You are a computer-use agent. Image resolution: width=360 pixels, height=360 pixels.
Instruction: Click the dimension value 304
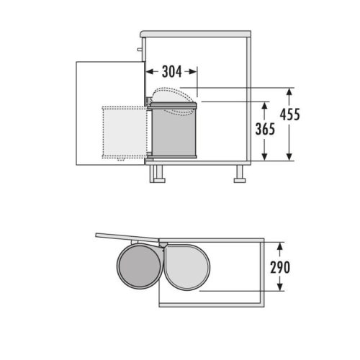pyautogui.click(x=171, y=71)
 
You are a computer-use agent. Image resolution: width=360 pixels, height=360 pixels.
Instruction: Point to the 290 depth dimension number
pyautogui.click(x=280, y=267)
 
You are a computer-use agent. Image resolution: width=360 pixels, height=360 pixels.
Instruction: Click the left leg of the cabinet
pyautogui.click(x=155, y=173)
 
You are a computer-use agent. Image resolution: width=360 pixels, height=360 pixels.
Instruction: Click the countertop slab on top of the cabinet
pyautogui.click(x=196, y=33)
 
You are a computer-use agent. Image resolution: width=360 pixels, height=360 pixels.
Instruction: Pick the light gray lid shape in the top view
pyautogui.click(x=187, y=266)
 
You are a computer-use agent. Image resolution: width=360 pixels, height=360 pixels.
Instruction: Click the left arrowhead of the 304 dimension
pyautogui.click(x=150, y=71)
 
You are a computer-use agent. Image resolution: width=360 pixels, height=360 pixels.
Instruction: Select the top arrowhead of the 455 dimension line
pyautogui.click(x=289, y=92)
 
